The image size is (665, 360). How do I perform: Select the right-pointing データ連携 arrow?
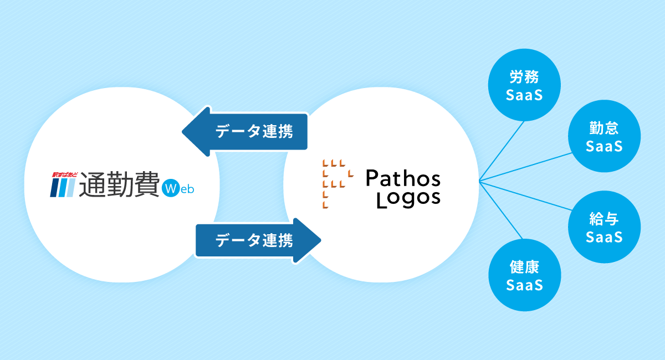[x=258, y=240]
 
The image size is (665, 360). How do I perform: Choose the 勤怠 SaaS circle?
[x=604, y=138]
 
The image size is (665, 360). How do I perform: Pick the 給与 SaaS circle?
[x=604, y=228]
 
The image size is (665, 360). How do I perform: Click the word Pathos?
[x=403, y=178]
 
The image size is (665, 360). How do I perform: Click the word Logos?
[x=408, y=198]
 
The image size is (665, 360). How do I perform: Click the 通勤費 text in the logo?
[x=119, y=184]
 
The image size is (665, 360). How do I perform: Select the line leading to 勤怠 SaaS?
[x=526, y=167]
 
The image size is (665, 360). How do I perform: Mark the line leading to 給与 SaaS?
[x=526, y=195]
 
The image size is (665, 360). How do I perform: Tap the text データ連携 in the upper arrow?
[x=254, y=132]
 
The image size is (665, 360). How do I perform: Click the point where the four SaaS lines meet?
[x=479, y=181]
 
